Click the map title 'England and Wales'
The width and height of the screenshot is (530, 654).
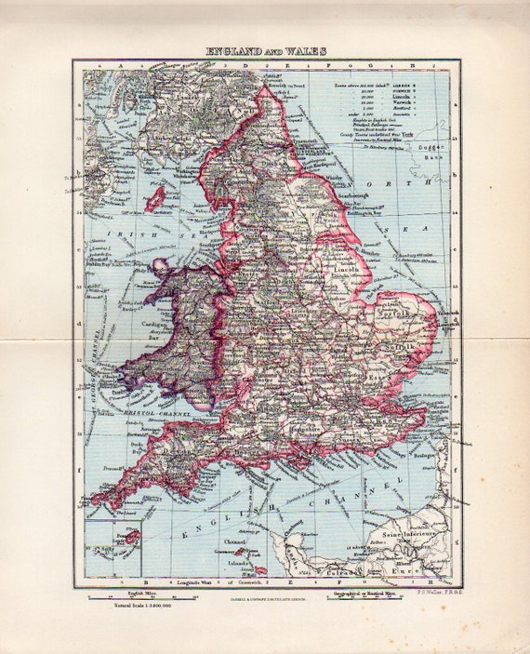click(266, 52)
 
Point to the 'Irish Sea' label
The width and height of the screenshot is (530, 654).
click(177, 244)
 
